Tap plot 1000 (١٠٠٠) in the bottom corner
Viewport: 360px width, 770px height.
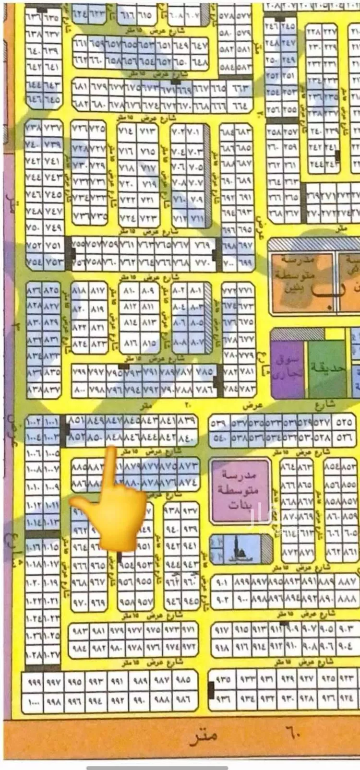pos(33,701)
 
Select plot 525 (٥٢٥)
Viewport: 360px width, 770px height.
pos(344,423)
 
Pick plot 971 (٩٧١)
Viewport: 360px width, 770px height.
pos(189,629)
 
